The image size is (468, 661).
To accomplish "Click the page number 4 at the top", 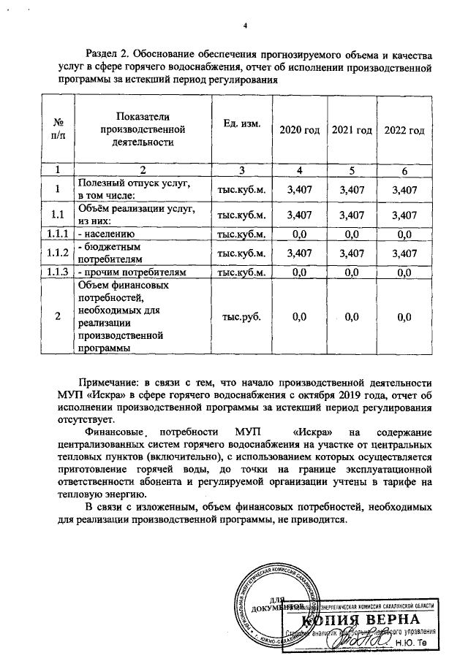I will point(246,26).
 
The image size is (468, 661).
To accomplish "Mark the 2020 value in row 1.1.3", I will point(298,272).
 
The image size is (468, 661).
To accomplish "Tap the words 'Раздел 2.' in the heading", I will point(110,56).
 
